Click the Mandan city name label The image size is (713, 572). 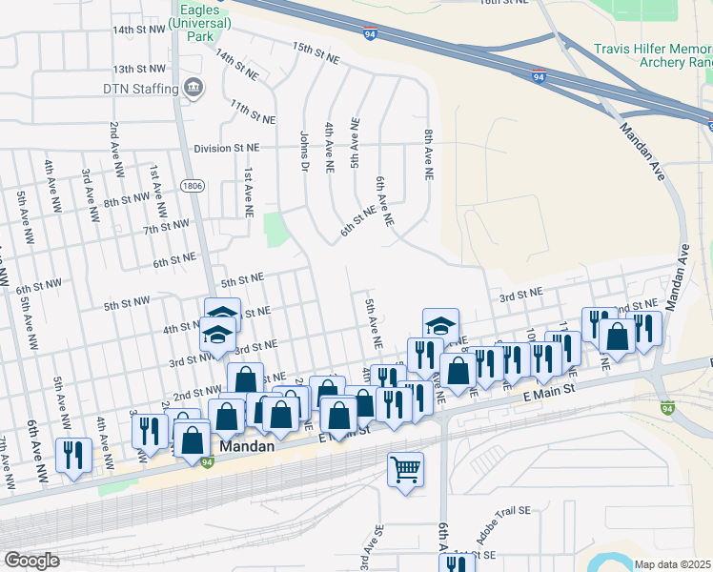pyautogui.click(x=248, y=445)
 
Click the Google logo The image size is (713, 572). pyautogui.click(x=31, y=561)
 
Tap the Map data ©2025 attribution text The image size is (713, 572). pyautogui.click(x=673, y=564)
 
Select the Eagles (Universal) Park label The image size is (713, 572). pyautogui.click(x=199, y=24)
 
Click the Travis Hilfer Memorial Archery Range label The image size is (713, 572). pyautogui.click(x=653, y=55)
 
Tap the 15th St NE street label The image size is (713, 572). pyautogui.click(x=316, y=52)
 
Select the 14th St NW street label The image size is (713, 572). pyautogui.click(x=139, y=30)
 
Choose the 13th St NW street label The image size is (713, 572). pyautogui.click(x=139, y=70)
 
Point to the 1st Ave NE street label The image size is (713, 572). pyautogui.click(x=247, y=189)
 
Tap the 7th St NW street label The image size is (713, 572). pyautogui.click(x=167, y=227)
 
